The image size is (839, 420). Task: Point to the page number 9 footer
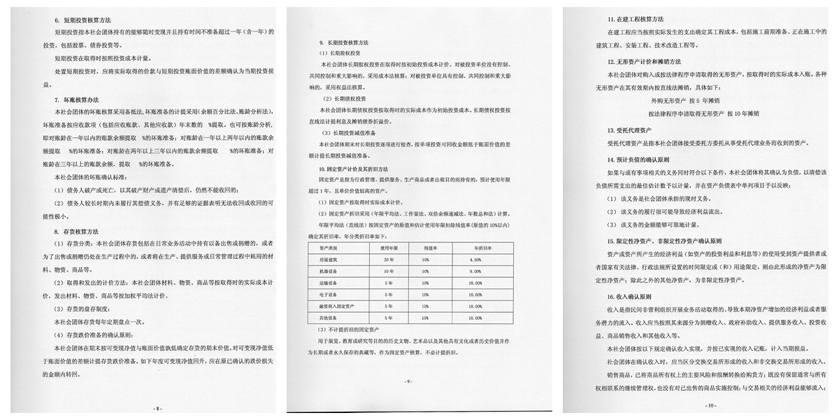point(409,381)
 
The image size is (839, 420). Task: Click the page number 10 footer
point(711,405)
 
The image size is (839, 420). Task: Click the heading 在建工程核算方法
point(636,18)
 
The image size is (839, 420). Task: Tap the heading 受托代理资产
point(631,130)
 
